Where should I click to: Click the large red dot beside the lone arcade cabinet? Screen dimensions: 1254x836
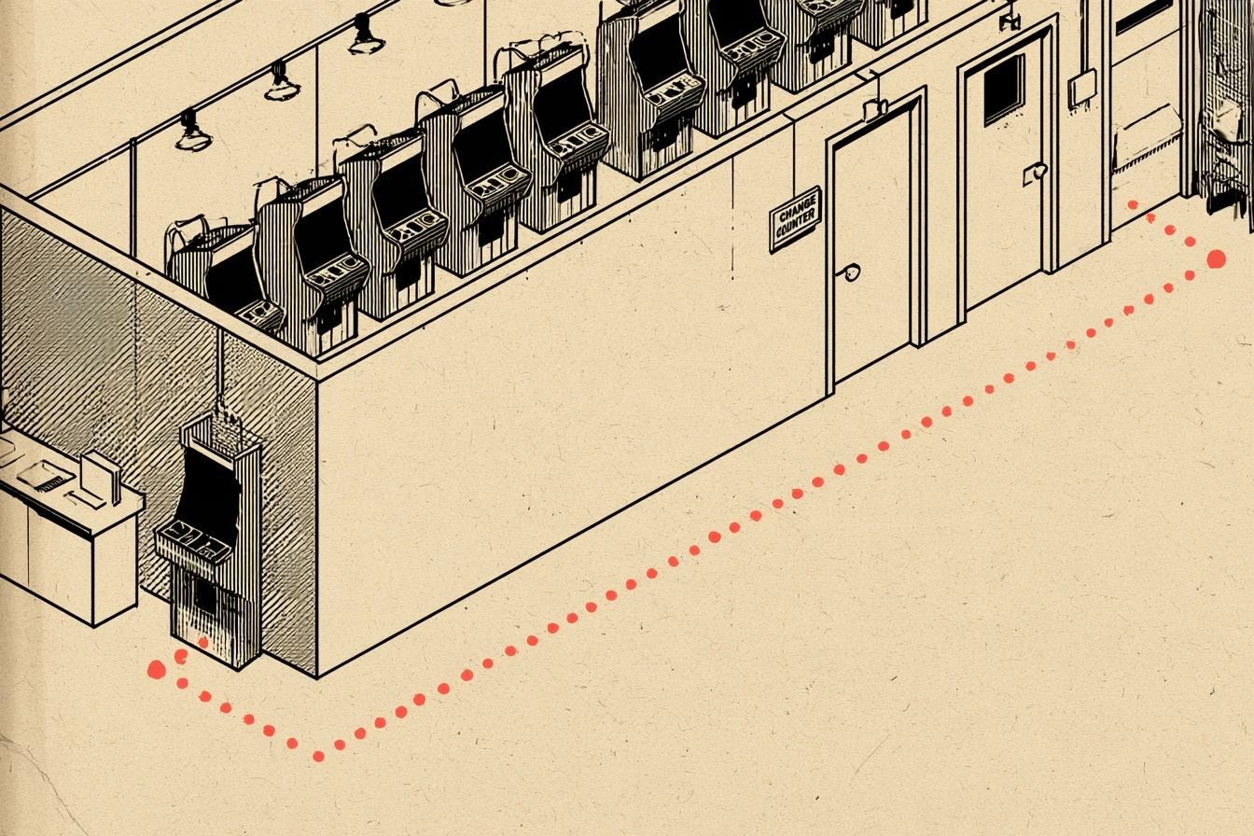[156, 669]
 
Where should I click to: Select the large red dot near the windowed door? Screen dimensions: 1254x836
[1216, 259]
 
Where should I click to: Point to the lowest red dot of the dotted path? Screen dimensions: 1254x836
[318, 757]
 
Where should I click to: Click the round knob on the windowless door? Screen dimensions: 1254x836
[850, 272]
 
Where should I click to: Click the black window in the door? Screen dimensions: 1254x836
[1004, 90]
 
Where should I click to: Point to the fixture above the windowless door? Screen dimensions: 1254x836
[875, 108]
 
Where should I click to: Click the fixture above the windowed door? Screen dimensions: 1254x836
[1010, 21]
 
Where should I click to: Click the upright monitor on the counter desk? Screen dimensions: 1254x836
[101, 478]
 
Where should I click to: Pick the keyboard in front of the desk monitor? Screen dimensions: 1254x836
[84, 500]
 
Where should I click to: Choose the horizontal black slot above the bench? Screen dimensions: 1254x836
[1141, 18]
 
